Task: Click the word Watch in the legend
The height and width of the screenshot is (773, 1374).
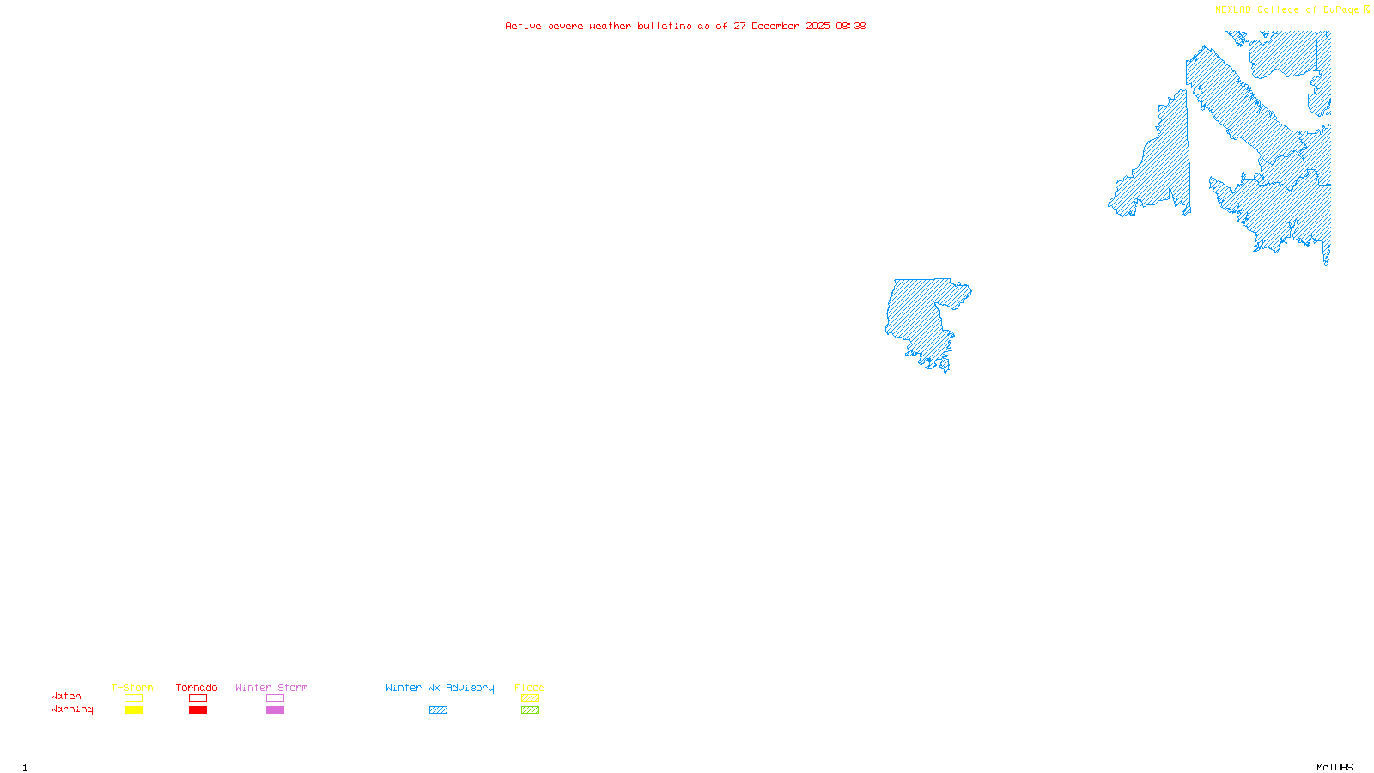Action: pyautogui.click(x=66, y=697)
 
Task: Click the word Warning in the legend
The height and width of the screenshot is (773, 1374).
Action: pyautogui.click(x=72, y=709)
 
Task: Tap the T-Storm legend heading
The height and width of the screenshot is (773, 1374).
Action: pyautogui.click(x=132, y=687)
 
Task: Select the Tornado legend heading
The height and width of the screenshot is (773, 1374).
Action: pyautogui.click(x=197, y=687)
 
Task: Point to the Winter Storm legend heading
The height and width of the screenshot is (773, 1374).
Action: pyautogui.click(x=271, y=687)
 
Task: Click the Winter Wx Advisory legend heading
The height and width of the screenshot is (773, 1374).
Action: pyautogui.click(x=440, y=687)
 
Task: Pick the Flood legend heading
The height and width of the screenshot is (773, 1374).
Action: pyautogui.click(x=530, y=687)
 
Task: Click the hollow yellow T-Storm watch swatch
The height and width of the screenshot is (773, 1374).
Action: pyautogui.click(x=133, y=698)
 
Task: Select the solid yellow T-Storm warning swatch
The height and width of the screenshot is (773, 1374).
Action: pyautogui.click(x=133, y=710)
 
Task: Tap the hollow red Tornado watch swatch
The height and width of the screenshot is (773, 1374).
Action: pyautogui.click(x=198, y=698)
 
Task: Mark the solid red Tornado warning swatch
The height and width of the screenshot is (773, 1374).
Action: pyautogui.click(x=198, y=710)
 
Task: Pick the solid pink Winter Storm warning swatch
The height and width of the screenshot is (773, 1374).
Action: pyautogui.click(x=275, y=710)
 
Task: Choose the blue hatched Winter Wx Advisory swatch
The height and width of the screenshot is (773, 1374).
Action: pyautogui.click(x=438, y=710)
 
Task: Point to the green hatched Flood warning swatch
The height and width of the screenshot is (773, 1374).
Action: pyautogui.click(x=530, y=710)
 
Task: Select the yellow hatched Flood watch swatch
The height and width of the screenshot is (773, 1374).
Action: pyautogui.click(x=530, y=698)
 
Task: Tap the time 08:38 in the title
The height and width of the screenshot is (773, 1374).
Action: pyautogui.click(x=850, y=26)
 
